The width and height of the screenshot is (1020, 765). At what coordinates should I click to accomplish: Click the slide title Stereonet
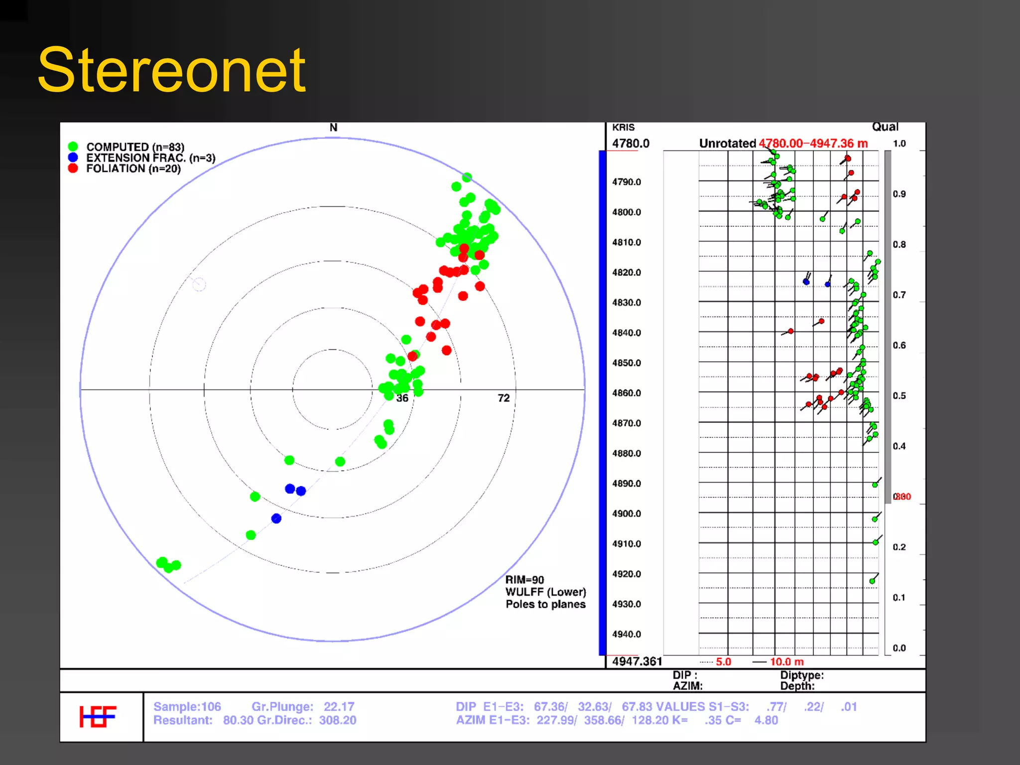pos(172,71)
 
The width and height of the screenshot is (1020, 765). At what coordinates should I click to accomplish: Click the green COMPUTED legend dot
pos(73,146)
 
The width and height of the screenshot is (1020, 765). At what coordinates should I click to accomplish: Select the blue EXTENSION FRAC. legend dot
pos(73,157)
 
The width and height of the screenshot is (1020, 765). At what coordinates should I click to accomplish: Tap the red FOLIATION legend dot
pos(73,168)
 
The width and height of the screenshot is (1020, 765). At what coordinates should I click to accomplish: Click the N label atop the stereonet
pos(333,128)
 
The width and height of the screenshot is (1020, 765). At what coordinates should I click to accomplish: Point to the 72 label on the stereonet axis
pos(504,398)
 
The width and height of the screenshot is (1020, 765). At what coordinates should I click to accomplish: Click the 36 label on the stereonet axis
pos(402,398)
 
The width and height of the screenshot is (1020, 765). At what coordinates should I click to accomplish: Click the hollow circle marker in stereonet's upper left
pos(199,284)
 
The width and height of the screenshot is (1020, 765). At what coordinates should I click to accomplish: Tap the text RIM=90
pos(524,580)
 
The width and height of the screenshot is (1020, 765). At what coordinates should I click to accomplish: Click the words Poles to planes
pos(545,604)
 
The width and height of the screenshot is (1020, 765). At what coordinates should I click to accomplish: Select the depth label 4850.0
pos(627,363)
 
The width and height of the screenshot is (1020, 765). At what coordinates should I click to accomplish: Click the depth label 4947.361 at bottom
pos(637,661)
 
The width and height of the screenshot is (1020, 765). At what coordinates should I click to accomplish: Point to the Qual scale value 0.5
pos(899,396)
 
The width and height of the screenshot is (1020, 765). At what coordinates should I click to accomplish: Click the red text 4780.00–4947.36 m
pos(813,143)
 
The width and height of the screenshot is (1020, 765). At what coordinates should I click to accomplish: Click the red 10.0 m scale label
pos(786,662)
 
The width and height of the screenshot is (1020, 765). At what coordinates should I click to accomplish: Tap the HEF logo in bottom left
pos(98,716)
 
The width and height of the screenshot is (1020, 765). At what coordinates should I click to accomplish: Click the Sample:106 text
pos(187,707)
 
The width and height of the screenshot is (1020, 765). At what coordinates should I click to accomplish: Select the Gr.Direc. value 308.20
pos(338,720)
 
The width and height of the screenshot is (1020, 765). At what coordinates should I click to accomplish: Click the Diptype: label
pos(802,675)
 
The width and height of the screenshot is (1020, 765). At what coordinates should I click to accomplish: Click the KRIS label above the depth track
pos(623,127)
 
